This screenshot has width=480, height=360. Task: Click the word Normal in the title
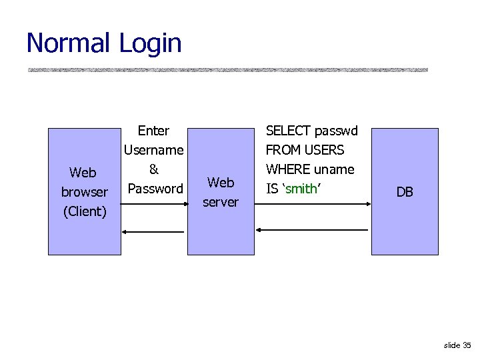click(69, 43)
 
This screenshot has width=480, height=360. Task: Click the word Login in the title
click(151, 43)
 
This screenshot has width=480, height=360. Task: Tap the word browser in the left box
click(84, 192)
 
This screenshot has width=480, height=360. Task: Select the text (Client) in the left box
click(84, 211)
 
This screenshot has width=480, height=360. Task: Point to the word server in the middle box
click(221, 201)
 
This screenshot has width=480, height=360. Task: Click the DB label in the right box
click(405, 192)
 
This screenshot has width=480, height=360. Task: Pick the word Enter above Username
click(153, 131)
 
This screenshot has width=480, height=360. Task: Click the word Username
click(153, 150)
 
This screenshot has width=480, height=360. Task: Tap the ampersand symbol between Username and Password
click(153, 169)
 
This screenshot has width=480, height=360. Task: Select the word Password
click(155, 189)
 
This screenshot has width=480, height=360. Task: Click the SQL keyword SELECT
click(289, 131)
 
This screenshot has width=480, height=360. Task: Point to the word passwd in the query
click(336, 131)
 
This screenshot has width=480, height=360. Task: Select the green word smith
click(301, 189)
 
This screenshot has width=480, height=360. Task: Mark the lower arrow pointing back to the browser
click(153, 231)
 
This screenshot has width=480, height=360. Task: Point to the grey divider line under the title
click(227, 69)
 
